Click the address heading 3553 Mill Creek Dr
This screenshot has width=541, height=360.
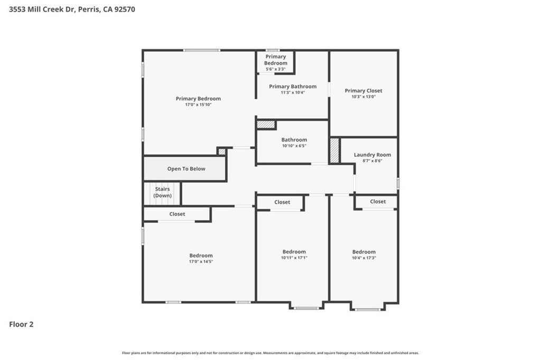tap(42, 10)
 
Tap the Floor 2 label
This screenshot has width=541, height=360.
tap(21, 324)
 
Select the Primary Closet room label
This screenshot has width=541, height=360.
tap(363, 91)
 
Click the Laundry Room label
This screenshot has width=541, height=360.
tap(372, 155)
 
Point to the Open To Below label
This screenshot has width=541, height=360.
tap(186, 168)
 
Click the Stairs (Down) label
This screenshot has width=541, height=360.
tap(163, 193)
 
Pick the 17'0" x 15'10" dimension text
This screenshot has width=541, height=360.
tap(199, 105)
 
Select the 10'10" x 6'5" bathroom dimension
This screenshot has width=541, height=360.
tap(294, 146)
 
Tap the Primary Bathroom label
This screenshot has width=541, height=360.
tap(293, 87)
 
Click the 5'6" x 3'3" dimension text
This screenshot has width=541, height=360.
tap(276, 69)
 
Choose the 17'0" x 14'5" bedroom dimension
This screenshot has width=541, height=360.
tap(201, 261)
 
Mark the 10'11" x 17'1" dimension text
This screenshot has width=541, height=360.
tap(294, 258)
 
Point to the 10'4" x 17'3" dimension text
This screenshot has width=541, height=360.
tap(364, 258)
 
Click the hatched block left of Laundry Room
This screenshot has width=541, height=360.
tap(334, 150)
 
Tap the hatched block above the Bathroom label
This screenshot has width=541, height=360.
tap(266, 124)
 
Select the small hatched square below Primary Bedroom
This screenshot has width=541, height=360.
tap(222, 151)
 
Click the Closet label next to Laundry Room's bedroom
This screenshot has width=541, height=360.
tap(378, 202)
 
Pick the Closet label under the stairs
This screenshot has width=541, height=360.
tap(177, 214)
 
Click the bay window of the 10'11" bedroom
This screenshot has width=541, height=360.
tap(306, 308)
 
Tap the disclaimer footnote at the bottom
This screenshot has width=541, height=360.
tap(270, 353)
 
